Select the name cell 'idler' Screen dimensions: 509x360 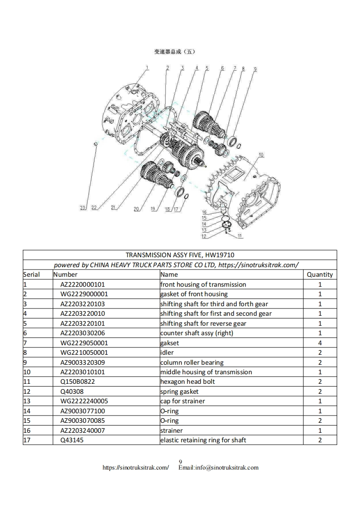(167, 352)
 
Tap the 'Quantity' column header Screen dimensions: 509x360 (320, 274)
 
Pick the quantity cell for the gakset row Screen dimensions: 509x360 (320, 343)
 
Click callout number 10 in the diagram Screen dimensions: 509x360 (261, 155)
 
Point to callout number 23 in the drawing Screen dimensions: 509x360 (83, 208)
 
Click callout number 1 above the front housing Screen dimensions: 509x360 (147, 67)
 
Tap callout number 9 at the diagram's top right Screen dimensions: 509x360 (255, 69)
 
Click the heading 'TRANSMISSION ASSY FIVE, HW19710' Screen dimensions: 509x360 (180, 255)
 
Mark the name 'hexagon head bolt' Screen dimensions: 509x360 (187, 382)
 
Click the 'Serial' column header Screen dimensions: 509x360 (31, 274)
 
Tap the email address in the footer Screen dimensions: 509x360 (218, 467)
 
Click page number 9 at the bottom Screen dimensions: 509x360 (180, 462)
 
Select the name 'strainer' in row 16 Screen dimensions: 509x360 (171, 431)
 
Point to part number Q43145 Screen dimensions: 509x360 (72, 440)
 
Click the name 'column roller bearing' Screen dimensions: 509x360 (192, 362)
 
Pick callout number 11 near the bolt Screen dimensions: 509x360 (240, 236)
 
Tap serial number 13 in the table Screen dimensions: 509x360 (27, 401)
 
